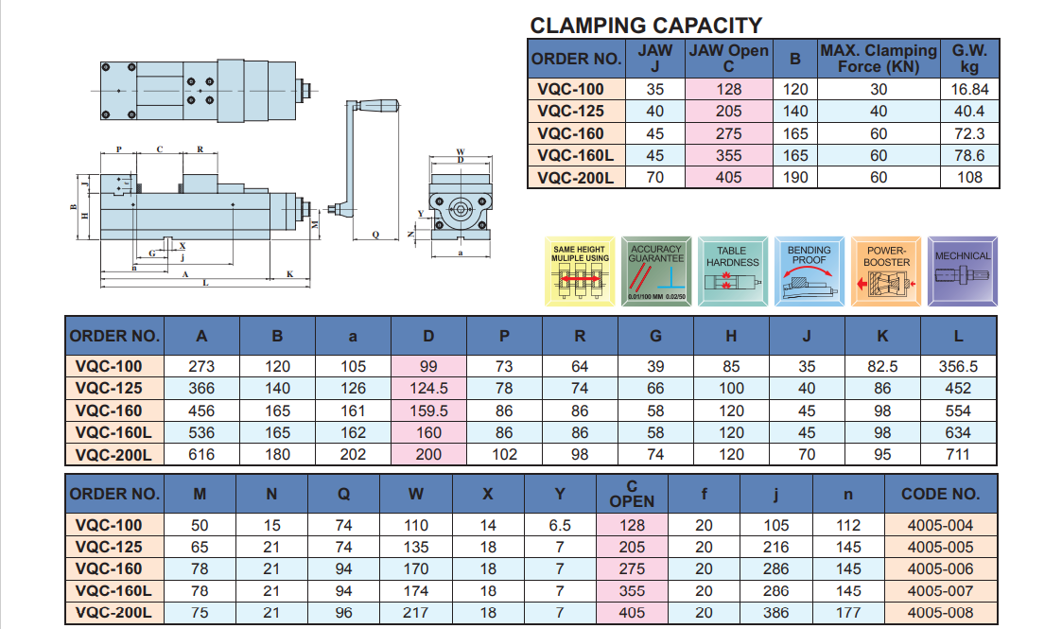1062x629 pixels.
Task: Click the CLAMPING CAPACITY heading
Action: point(646,26)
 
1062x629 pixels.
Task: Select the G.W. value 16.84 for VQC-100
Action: point(969,90)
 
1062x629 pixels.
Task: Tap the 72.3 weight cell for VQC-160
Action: point(969,133)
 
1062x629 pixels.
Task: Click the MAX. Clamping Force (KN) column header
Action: point(878,59)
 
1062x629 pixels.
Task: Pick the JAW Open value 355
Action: point(729,155)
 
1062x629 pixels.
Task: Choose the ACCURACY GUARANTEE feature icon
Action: point(655,271)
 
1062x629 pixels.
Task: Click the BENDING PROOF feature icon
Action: point(809,271)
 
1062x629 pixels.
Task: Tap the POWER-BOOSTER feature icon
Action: point(886,271)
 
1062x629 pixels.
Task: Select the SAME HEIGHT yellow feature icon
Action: point(580,271)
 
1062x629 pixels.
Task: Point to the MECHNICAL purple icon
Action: point(962,271)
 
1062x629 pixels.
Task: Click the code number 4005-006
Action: point(939,569)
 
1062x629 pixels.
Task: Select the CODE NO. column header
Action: point(939,494)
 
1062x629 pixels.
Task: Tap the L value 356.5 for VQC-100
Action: point(958,366)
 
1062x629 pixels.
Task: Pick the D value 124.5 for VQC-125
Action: point(428,388)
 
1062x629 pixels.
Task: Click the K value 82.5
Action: point(882,366)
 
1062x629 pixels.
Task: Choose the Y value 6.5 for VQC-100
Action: point(560,526)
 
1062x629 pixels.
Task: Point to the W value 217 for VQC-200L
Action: point(416,613)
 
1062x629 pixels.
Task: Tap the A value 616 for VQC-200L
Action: point(201,454)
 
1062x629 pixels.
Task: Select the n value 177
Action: point(848,613)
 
